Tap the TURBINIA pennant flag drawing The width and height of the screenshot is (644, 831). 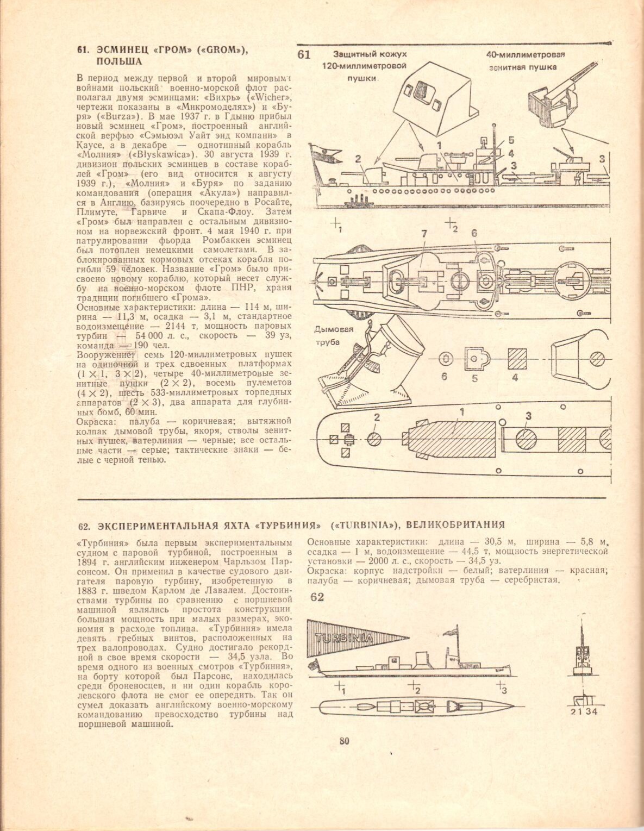pos(355,637)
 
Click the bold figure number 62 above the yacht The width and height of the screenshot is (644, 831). pos(317,597)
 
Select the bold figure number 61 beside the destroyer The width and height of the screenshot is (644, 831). pos(304,54)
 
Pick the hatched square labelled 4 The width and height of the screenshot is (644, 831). pos(515,358)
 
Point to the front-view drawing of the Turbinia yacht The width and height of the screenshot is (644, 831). pos(582,652)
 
